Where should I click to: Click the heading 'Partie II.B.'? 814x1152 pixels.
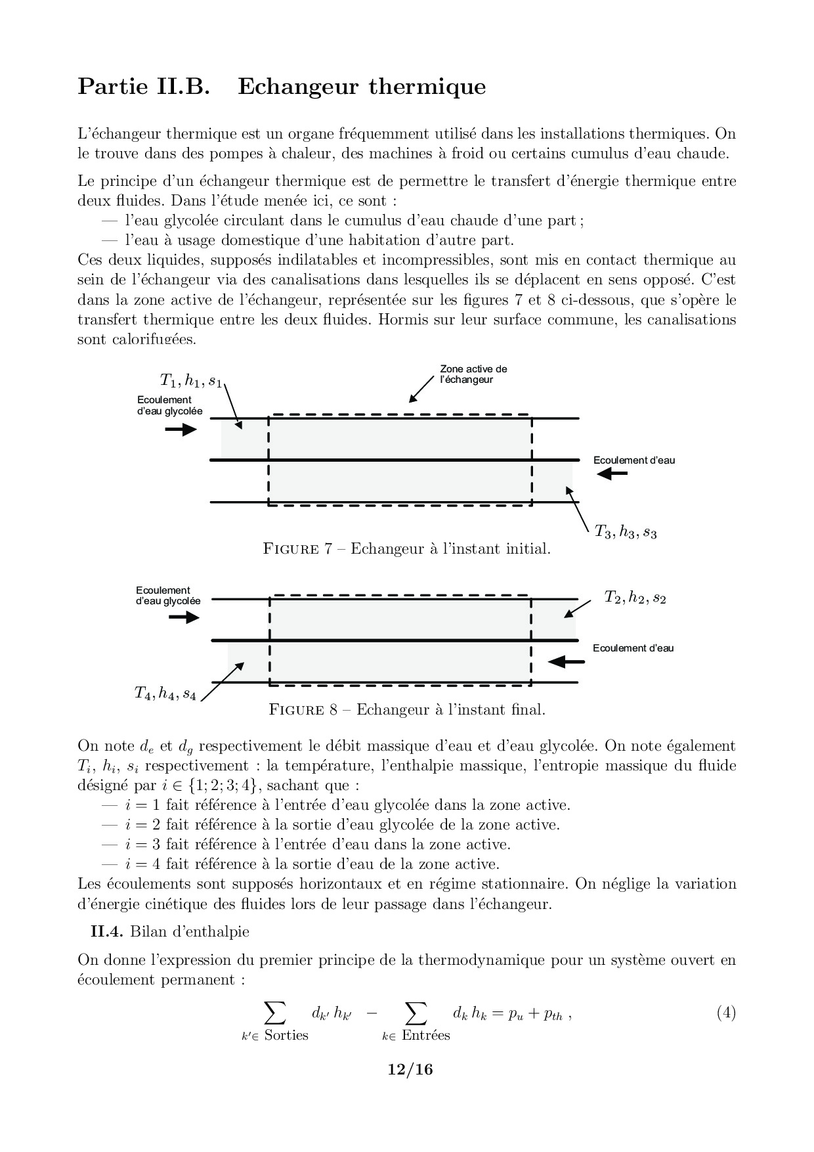[143, 87]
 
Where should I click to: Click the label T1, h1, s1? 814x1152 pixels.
[191, 380]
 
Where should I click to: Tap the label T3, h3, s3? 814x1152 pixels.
[626, 531]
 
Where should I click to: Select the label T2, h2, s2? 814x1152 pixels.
[635, 598]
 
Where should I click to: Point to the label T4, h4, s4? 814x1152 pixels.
[165, 693]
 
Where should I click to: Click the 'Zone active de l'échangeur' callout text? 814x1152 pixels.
[473, 374]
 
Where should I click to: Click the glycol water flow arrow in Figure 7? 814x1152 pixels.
[181, 430]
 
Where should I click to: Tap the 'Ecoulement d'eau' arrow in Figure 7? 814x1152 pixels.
[612, 473]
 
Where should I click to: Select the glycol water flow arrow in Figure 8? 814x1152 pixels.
[183, 617]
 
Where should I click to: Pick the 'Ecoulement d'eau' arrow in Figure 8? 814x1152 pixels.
[566, 661]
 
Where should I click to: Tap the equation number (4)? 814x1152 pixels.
[725, 1013]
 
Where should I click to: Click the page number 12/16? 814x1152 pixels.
[410, 1070]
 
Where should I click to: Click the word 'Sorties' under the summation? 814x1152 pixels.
[286, 1035]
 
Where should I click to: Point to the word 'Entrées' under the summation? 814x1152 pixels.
[425, 1035]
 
